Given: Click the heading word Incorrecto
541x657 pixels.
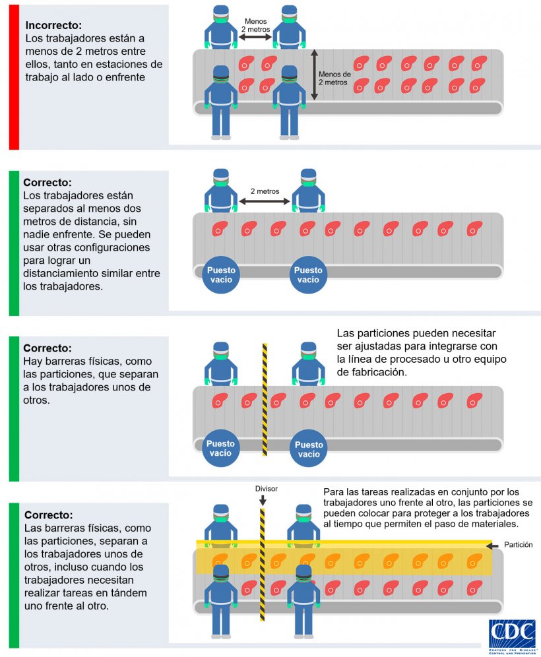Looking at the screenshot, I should (x=53, y=26).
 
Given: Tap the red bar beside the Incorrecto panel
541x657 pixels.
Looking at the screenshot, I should (x=14, y=77).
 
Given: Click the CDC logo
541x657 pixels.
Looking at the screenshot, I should (x=511, y=635).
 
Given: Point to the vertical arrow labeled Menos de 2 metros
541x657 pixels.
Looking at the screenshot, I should (x=315, y=75).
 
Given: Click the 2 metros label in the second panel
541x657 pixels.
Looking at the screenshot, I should (x=265, y=191).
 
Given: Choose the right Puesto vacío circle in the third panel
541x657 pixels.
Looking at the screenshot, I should (x=308, y=449).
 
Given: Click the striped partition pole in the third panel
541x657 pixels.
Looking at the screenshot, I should (x=265, y=399).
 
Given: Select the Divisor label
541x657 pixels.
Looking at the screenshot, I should (x=267, y=489).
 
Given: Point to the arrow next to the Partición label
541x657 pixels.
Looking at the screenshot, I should (x=490, y=546).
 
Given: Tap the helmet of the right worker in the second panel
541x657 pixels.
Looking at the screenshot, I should (x=308, y=175).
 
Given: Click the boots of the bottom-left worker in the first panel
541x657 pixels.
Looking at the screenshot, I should (x=221, y=137).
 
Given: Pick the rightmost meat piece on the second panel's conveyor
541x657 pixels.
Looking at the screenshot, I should (x=474, y=229).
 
